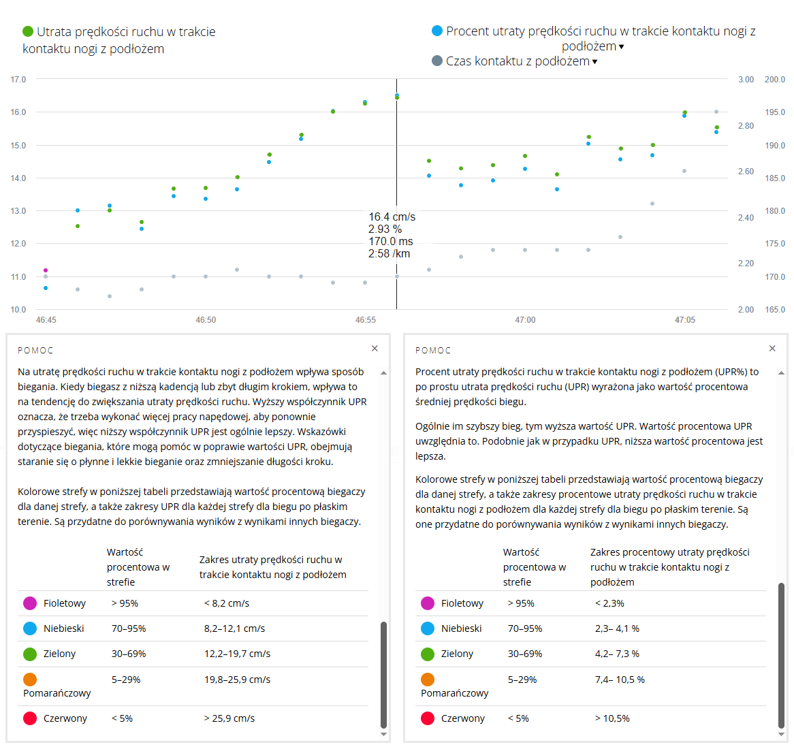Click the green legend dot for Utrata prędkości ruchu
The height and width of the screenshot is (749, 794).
28,31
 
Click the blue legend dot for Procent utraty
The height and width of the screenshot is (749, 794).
437,31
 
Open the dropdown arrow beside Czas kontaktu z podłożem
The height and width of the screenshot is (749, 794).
594,62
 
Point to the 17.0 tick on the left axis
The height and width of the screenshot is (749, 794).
18,80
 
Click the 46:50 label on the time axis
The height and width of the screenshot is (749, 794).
206,320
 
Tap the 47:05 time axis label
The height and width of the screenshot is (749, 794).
685,320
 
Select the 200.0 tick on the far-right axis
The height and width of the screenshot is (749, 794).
774,80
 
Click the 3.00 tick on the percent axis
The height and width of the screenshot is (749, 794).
746,80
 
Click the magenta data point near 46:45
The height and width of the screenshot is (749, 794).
46,270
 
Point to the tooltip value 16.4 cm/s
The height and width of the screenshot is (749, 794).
392,217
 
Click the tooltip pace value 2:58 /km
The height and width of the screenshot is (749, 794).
389,254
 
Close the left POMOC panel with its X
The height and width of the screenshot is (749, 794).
375,349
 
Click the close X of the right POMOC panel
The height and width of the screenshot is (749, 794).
772,349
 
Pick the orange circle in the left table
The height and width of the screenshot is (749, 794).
30,680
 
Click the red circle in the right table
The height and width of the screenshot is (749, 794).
428,718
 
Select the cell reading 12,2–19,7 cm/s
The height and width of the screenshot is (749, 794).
237,654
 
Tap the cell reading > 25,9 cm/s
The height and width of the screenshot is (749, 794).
229,718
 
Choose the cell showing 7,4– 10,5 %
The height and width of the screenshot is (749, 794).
620,680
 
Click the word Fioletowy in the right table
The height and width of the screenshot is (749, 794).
462,603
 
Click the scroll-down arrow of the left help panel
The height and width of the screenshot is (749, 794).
383,734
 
